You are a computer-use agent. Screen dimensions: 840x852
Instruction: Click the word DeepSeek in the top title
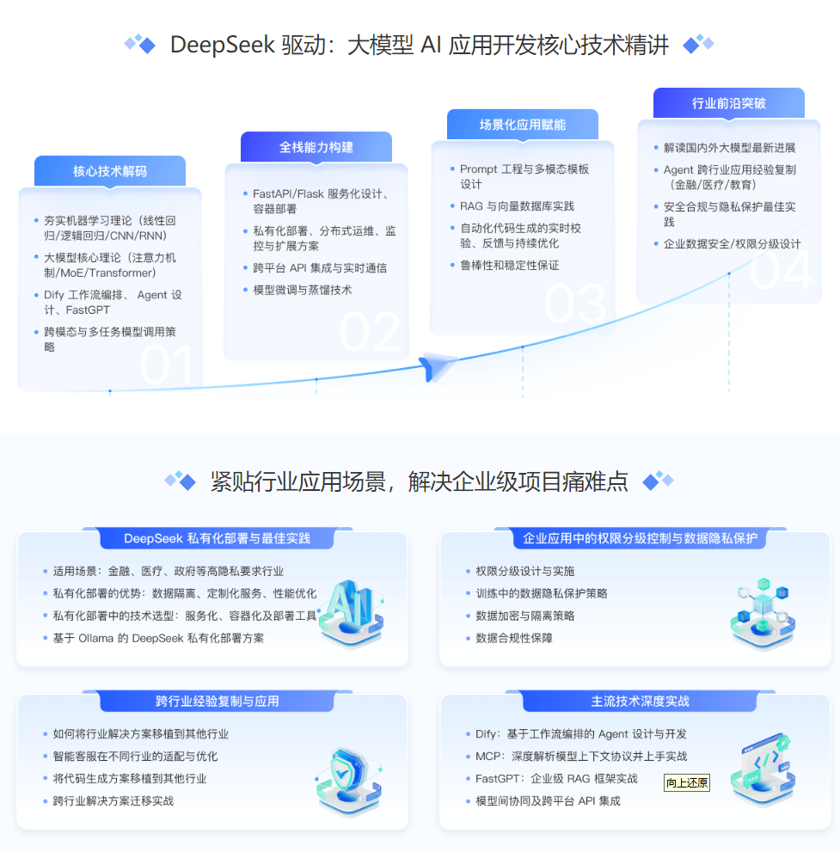click(222, 45)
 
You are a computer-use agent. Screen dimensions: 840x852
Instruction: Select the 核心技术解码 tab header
click(110, 171)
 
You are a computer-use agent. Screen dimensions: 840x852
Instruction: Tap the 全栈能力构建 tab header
click(316, 147)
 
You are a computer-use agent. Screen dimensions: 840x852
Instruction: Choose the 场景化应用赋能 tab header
click(523, 125)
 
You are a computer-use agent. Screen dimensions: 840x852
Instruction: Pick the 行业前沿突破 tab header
click(728, 103)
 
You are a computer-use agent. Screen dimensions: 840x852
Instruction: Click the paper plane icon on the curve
click(438, 366)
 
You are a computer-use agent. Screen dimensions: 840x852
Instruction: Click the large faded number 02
click(370, 332)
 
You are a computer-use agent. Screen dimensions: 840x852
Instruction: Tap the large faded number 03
click(575, 303)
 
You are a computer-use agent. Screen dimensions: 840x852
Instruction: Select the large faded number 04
click(782, 269)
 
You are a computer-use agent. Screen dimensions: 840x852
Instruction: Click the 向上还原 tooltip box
click(687, 782)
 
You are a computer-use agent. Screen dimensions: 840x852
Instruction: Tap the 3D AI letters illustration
click(352, 614)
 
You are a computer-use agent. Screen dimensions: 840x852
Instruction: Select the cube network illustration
click(763, 614)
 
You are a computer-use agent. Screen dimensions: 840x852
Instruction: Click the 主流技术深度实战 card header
click(640, 702)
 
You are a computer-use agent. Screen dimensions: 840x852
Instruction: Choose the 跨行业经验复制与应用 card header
click(218, 702)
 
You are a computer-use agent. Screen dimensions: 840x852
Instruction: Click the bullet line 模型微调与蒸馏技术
click(303, 290)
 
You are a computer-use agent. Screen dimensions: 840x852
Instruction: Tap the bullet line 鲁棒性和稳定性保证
click(510, 265)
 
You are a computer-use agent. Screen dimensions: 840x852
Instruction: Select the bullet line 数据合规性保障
click(514, 638)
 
